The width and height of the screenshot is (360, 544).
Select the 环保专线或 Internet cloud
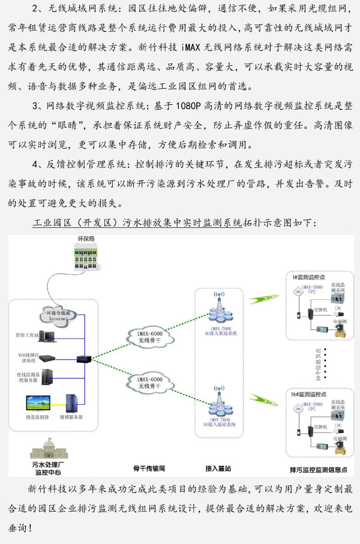tap(59, 315)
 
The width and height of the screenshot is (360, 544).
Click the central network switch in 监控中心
tap(83, 359)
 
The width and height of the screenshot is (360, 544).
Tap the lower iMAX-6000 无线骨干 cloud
tap(150, 382)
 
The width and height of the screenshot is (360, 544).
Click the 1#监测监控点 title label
tap(309, 277)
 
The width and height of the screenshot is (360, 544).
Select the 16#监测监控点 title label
tap(310, 395)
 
